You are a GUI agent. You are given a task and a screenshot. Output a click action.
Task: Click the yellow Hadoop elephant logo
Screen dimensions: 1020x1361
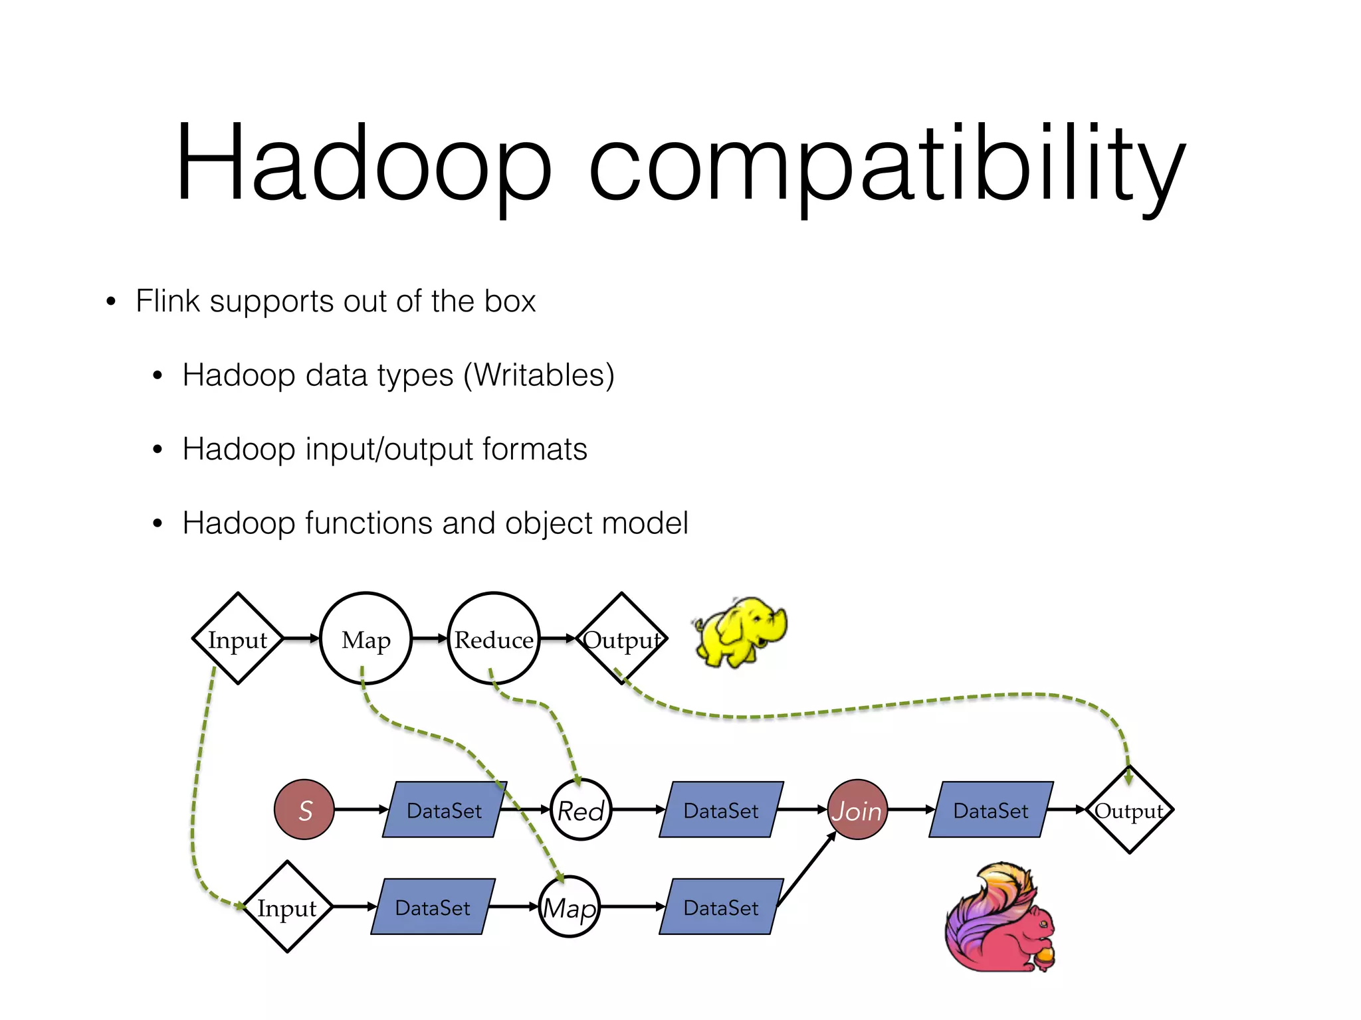[x=739, y=631]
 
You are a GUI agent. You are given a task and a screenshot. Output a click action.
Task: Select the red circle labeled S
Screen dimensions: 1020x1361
[x=304, y=809]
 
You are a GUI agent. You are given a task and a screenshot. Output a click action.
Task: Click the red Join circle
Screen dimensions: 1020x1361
[x=857, y=809]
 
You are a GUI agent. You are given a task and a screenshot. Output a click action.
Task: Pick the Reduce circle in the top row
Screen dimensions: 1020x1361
[x=494, y=638]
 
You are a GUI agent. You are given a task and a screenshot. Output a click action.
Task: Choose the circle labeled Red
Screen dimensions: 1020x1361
[x=581, y=809]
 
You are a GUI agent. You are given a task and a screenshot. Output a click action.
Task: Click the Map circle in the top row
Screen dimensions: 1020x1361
[x=366, y=638]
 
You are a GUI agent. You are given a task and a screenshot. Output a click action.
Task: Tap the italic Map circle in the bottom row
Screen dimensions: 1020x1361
[x=570, y=907]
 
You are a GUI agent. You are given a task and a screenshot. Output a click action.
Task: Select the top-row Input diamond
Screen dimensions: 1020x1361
[x=238, y=638]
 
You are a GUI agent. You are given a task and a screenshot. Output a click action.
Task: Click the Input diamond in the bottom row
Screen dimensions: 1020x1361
[x=287, y=907]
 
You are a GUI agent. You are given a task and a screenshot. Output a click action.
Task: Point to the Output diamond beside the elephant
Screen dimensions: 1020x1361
[x=621, y=638]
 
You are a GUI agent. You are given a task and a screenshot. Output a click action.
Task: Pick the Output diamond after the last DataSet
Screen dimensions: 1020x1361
[x=1129, y=809]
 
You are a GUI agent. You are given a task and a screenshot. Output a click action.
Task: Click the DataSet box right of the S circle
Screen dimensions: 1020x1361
[x=444, y=809]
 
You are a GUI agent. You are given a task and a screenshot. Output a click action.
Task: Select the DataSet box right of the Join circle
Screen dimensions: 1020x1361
[x=990, y=809]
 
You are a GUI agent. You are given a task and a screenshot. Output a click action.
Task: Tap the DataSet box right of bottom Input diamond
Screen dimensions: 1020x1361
[x=433, y=907]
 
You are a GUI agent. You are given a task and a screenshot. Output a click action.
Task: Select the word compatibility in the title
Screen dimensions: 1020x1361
[x=887, y=166]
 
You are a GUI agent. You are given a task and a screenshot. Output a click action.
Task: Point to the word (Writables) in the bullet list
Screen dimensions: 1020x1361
[x=539, y=376]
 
